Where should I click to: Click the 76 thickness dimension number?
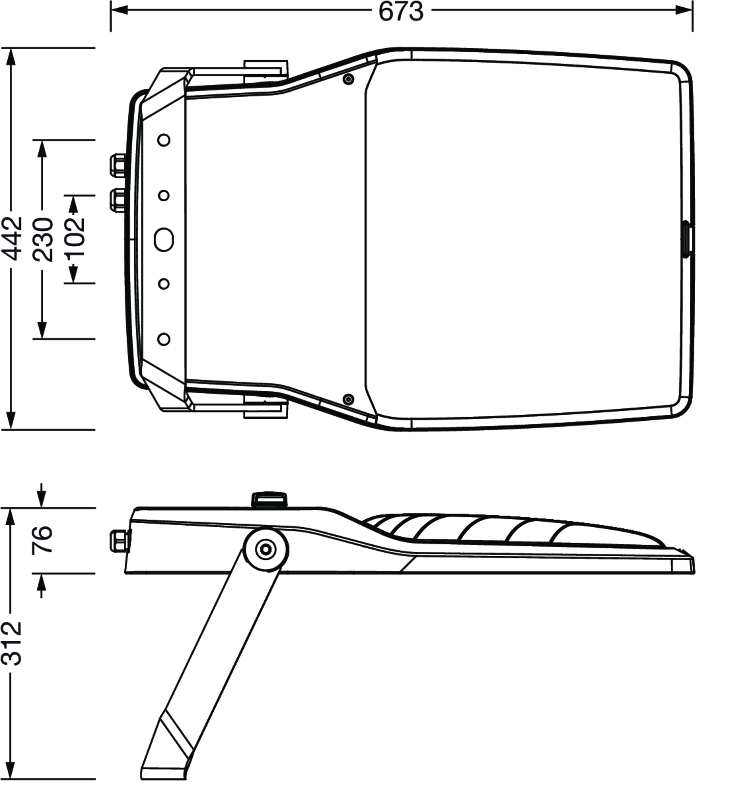[43, 539]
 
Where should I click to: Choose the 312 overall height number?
[12, 644]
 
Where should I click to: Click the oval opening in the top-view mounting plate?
[164, 240]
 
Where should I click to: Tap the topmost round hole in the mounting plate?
[164, 140]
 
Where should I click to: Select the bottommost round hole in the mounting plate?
[164, 339]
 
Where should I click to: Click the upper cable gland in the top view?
[119, 165]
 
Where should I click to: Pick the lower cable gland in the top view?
[119, 200]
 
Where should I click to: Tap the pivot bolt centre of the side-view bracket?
[266, 550]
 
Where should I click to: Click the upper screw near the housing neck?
[348, 79]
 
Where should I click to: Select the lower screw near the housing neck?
[348, 400]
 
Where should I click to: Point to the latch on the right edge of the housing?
[687, 240]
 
